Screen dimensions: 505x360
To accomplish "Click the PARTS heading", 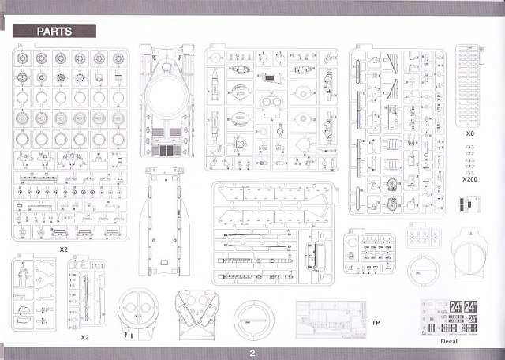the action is (54, 31).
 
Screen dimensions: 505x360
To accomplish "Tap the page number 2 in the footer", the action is (252, 353).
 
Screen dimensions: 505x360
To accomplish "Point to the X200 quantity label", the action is (470, 179).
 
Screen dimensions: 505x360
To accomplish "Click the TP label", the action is (376, 322).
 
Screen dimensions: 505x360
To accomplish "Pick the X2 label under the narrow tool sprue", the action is (85, 337).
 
